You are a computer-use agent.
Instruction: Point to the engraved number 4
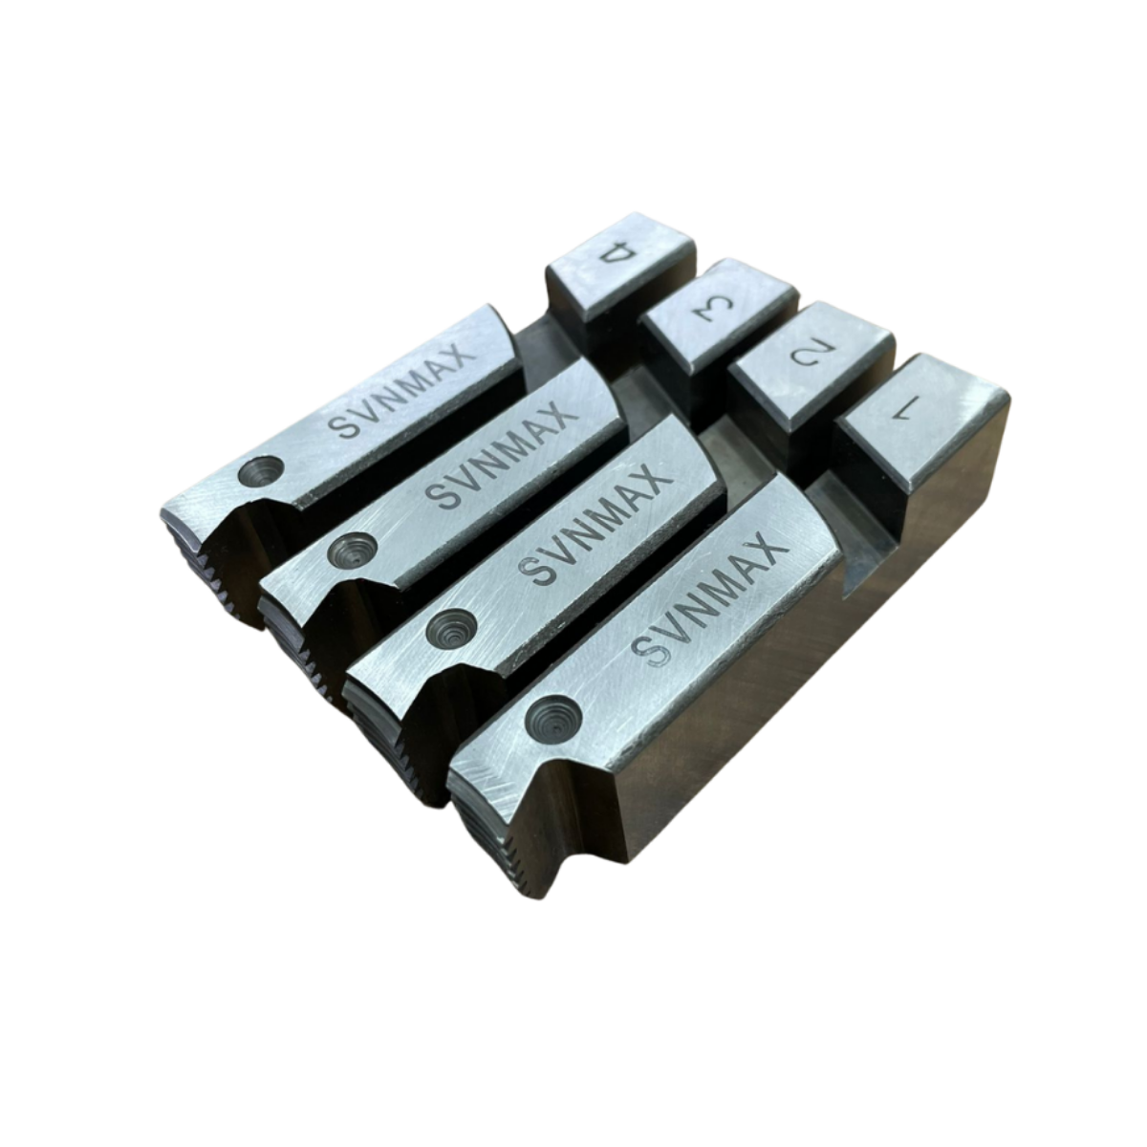pyautogui.click(x=619, y=256)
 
